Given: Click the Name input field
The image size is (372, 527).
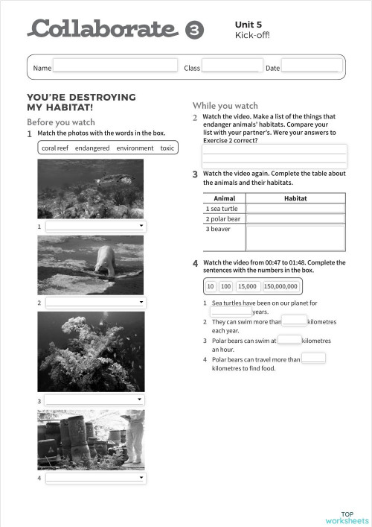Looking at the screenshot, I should point(115,66).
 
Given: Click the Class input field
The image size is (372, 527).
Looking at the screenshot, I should point(231,66).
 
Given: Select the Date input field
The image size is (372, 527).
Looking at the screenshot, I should point(311,66).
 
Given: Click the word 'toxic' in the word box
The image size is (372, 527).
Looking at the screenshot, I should point(167,148).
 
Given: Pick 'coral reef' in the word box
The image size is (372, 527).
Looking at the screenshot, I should point(55,148).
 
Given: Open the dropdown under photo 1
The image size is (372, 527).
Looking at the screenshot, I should point(95,225).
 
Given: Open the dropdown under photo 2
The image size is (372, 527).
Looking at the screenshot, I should point(95,303).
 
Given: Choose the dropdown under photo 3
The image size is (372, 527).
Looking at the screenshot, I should point(95,400).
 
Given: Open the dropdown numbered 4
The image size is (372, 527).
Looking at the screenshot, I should point(95,477).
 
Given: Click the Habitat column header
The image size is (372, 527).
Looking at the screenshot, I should point(295,198).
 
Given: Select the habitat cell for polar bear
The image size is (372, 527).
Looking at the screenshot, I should point(295,219).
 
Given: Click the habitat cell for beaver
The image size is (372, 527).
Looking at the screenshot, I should point(295,238).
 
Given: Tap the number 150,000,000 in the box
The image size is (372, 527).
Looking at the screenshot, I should point(280,286).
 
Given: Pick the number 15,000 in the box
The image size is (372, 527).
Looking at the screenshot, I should point(247,286).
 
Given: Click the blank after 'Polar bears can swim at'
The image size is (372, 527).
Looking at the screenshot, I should point(289,340).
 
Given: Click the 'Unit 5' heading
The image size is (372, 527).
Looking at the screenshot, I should point(248,24).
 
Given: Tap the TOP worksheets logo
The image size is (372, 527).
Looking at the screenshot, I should point(347,517).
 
